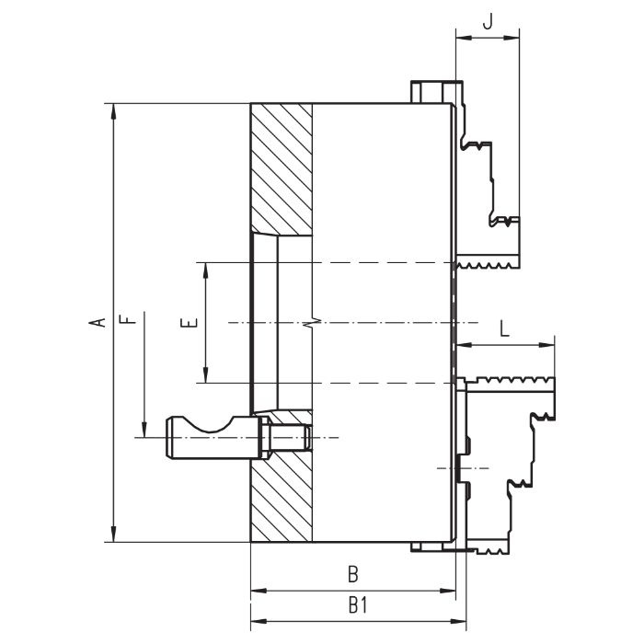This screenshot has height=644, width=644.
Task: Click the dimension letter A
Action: point(95,322)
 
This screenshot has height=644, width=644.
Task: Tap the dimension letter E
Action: point(189,323)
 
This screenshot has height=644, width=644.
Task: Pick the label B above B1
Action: point(352,574)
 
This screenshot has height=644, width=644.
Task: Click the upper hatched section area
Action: point(282,166)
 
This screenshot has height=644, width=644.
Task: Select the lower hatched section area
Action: point(282,497)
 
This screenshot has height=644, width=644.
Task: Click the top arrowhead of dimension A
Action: point(113,109)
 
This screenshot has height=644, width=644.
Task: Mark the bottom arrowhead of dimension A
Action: point(113,535)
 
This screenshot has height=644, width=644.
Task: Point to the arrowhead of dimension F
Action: point(144,431)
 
